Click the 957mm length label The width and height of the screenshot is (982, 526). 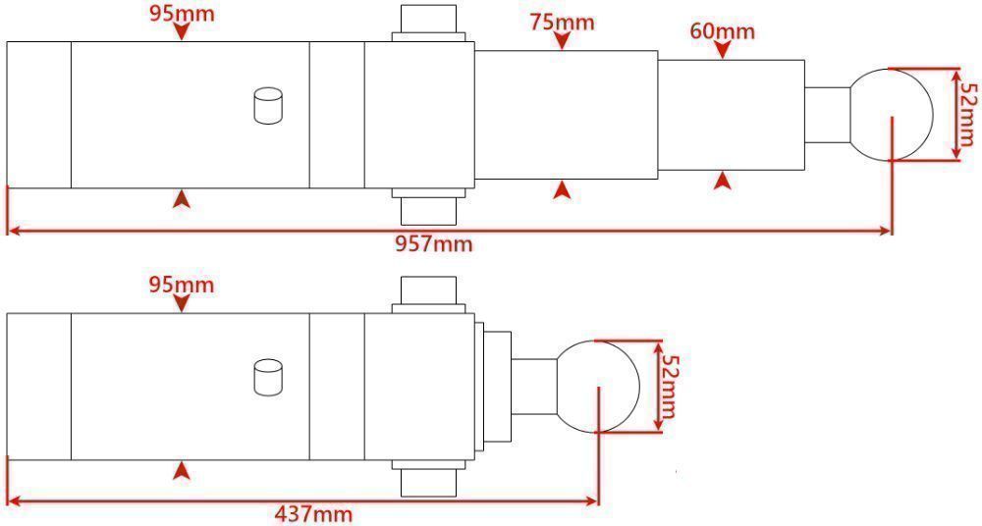[433, 243]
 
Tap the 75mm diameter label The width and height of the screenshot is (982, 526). [561, 22]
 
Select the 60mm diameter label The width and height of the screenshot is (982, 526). [722, 30]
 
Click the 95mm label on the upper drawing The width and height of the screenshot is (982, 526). [181, 13]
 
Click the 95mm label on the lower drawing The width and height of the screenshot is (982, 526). [181, 285]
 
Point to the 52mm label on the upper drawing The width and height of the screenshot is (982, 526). [968, 111]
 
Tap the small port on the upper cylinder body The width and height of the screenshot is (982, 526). [267, 105]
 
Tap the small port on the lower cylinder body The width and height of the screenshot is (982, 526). [267, 377]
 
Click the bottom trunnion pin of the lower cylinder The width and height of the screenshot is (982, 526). [429, 480]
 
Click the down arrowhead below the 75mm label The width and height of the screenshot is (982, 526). [561, 41]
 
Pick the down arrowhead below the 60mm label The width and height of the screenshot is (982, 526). [722, 50]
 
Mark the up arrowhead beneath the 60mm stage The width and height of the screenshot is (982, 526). [723, 181]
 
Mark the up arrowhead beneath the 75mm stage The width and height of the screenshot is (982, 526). [561, 188]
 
